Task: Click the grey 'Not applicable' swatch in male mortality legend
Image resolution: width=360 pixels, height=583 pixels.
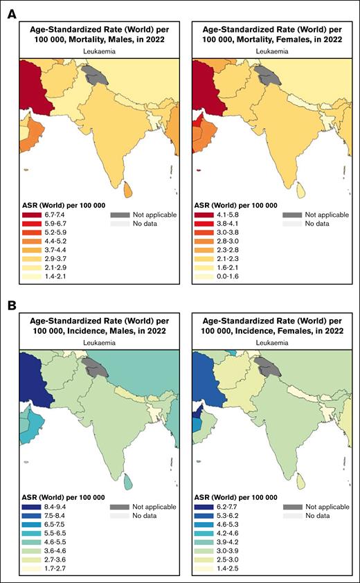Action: pyautogui.click(x=120, y=215)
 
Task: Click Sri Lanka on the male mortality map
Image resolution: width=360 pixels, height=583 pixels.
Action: pyautogui.click(x=128, y=186)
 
